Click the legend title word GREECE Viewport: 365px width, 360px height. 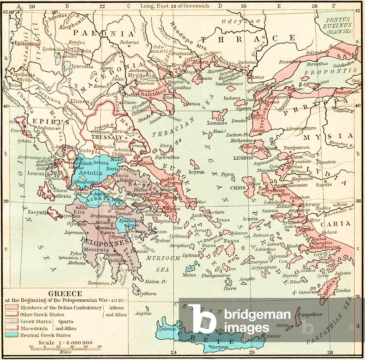pos(65,294)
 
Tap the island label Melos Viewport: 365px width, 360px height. pos(189,275)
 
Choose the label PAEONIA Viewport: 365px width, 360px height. pos(115,34)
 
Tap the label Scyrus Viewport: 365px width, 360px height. pos(197,172)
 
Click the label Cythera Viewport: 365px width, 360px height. pos(148,294)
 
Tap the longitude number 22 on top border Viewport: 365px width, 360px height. pos(102,6)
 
